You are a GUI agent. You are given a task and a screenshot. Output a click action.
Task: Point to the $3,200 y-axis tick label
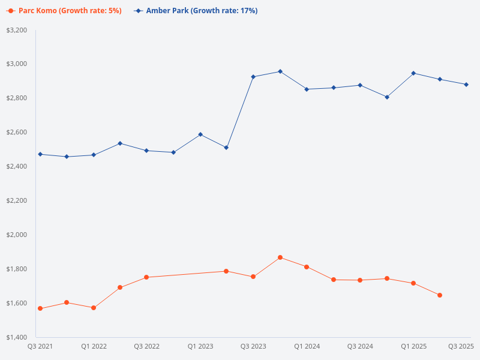(16, 30)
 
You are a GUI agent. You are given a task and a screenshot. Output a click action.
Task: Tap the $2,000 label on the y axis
(16, 235)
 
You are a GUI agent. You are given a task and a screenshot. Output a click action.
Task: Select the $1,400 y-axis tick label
(16, 337)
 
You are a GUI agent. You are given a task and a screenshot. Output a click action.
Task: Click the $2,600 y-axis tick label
(16, 132)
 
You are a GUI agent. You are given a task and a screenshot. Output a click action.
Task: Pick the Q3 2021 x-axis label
(40, 347)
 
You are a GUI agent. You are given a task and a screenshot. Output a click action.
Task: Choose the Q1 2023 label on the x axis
(200, 347)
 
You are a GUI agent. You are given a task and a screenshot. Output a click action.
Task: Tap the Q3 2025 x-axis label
(461, 347)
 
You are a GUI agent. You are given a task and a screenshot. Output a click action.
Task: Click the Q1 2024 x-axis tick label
(307, 347)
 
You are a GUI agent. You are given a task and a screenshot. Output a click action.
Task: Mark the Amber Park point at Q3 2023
(253, 77)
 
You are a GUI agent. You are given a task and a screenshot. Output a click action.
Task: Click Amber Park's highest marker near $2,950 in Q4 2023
(280, 71)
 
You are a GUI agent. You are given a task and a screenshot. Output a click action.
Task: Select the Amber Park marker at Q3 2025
(466, 85)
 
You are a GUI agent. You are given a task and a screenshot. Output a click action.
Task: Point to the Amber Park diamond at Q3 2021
(40, 154)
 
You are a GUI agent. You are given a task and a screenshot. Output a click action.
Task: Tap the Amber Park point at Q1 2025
(413, 73)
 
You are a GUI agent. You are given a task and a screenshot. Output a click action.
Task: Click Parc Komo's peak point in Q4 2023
(280, 257)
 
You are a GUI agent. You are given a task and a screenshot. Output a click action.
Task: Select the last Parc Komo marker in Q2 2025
(440, 295)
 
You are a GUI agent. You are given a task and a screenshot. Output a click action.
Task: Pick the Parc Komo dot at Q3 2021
(40, 308)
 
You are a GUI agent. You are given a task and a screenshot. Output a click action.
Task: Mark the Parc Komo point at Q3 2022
(146, 277)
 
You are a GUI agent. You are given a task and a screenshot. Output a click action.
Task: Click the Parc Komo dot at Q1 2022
(94, 308)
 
